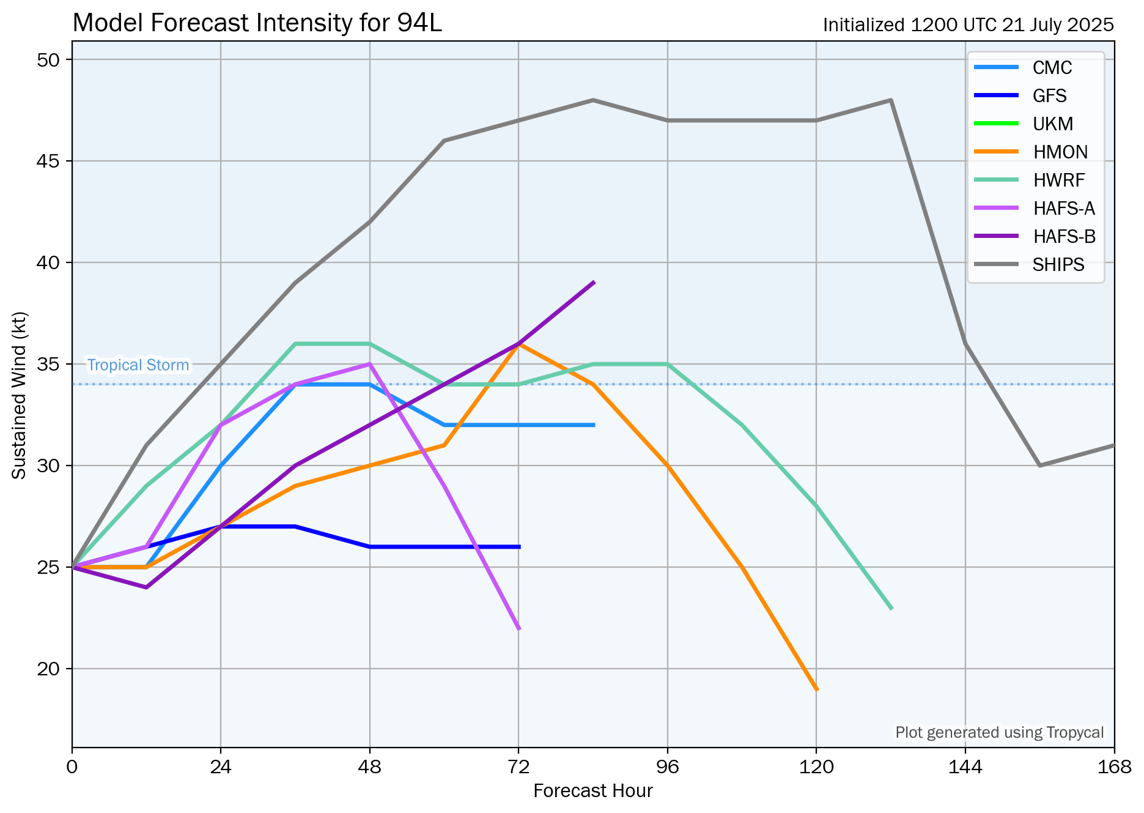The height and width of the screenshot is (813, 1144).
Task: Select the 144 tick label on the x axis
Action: (965, 767)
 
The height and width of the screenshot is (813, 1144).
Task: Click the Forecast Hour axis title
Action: (592, 791)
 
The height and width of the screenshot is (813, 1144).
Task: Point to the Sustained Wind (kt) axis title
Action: (20, 395)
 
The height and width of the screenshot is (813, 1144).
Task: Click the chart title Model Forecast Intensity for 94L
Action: (257, 23)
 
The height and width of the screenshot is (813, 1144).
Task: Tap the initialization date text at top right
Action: (968, 25)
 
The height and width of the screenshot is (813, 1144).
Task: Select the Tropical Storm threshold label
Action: (138, 365)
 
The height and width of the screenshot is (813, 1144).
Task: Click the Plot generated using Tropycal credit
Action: (999, 732)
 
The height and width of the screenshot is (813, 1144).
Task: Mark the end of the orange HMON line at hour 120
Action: (816, 689)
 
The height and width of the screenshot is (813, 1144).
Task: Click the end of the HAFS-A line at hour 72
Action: (518, 628)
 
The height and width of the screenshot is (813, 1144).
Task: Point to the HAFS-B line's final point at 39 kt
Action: (593, 283)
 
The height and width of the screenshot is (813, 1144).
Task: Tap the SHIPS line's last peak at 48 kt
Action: (891, 100)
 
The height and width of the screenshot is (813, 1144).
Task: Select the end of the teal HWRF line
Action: (891, 608)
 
